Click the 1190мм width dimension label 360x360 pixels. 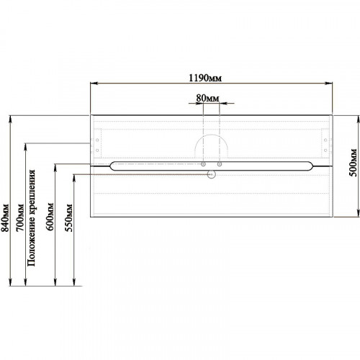pos(205,78)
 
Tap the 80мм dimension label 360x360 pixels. pos(207,98)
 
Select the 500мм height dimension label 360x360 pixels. pos(353,163)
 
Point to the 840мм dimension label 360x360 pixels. pos(5,218)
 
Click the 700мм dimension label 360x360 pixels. pos(20,218)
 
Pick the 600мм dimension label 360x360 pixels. pos(50,217)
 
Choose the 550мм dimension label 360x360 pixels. pos(68,217)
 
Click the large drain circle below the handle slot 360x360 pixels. pos(212,174)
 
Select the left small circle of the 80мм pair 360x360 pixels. pos(203,164)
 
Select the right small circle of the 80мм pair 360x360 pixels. pos(220,164)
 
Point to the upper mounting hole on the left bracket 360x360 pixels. pos(97,140)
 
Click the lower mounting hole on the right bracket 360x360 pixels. pos(325,150)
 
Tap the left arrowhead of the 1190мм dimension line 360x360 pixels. pos(94,84)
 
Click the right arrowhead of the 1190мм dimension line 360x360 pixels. pos(329,84)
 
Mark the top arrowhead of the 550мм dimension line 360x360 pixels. pos(74,178)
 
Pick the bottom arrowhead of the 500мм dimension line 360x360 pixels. pos(358,213)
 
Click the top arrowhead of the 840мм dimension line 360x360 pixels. pos(10,120)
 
